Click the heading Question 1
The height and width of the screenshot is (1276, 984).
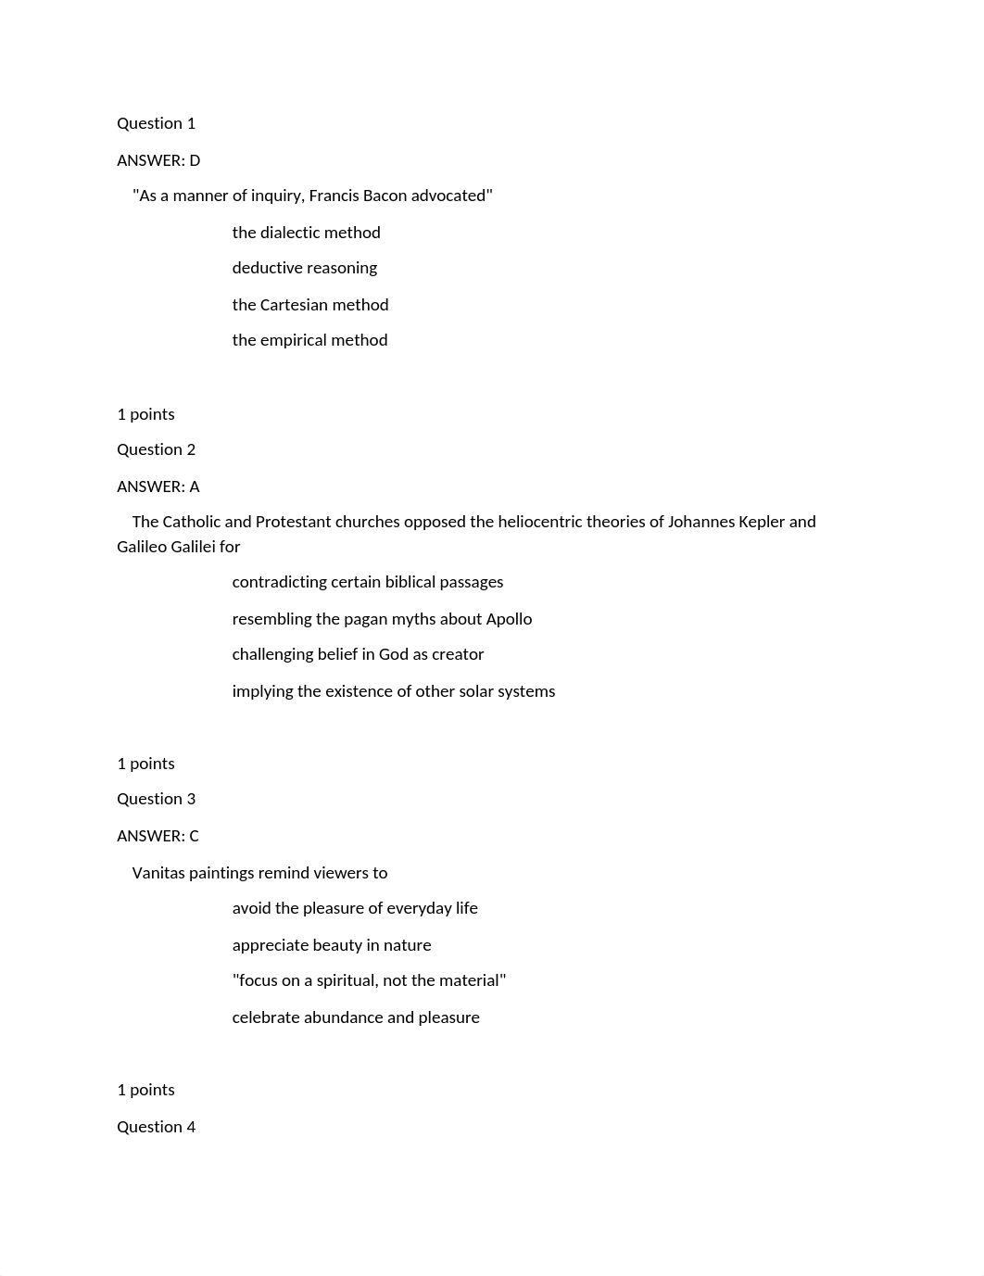coord(156,123)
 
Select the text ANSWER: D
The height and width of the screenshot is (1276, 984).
coord(158,160)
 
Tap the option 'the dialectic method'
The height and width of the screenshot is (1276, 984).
coord(306,233)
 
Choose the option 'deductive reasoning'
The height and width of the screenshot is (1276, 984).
coord(304,268)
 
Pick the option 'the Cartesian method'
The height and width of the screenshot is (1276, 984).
coord(309,305)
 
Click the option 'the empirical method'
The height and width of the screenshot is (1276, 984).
coord(309,340)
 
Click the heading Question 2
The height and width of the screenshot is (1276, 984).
coord(156,449)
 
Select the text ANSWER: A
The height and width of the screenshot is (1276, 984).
coord(158,486)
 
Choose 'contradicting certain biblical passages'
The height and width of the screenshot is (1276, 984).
coord(367,582)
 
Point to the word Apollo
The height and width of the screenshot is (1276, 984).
coord(509,619)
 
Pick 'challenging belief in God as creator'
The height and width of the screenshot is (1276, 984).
coord(358,654)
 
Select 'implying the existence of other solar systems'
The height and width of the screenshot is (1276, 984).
coord(393,691)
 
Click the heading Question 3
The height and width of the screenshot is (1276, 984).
coord(156,799)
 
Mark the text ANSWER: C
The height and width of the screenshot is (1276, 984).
coord(158,836)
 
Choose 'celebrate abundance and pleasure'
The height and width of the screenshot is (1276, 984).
coord(356,1017)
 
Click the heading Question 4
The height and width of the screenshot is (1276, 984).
coord(156,1127)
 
